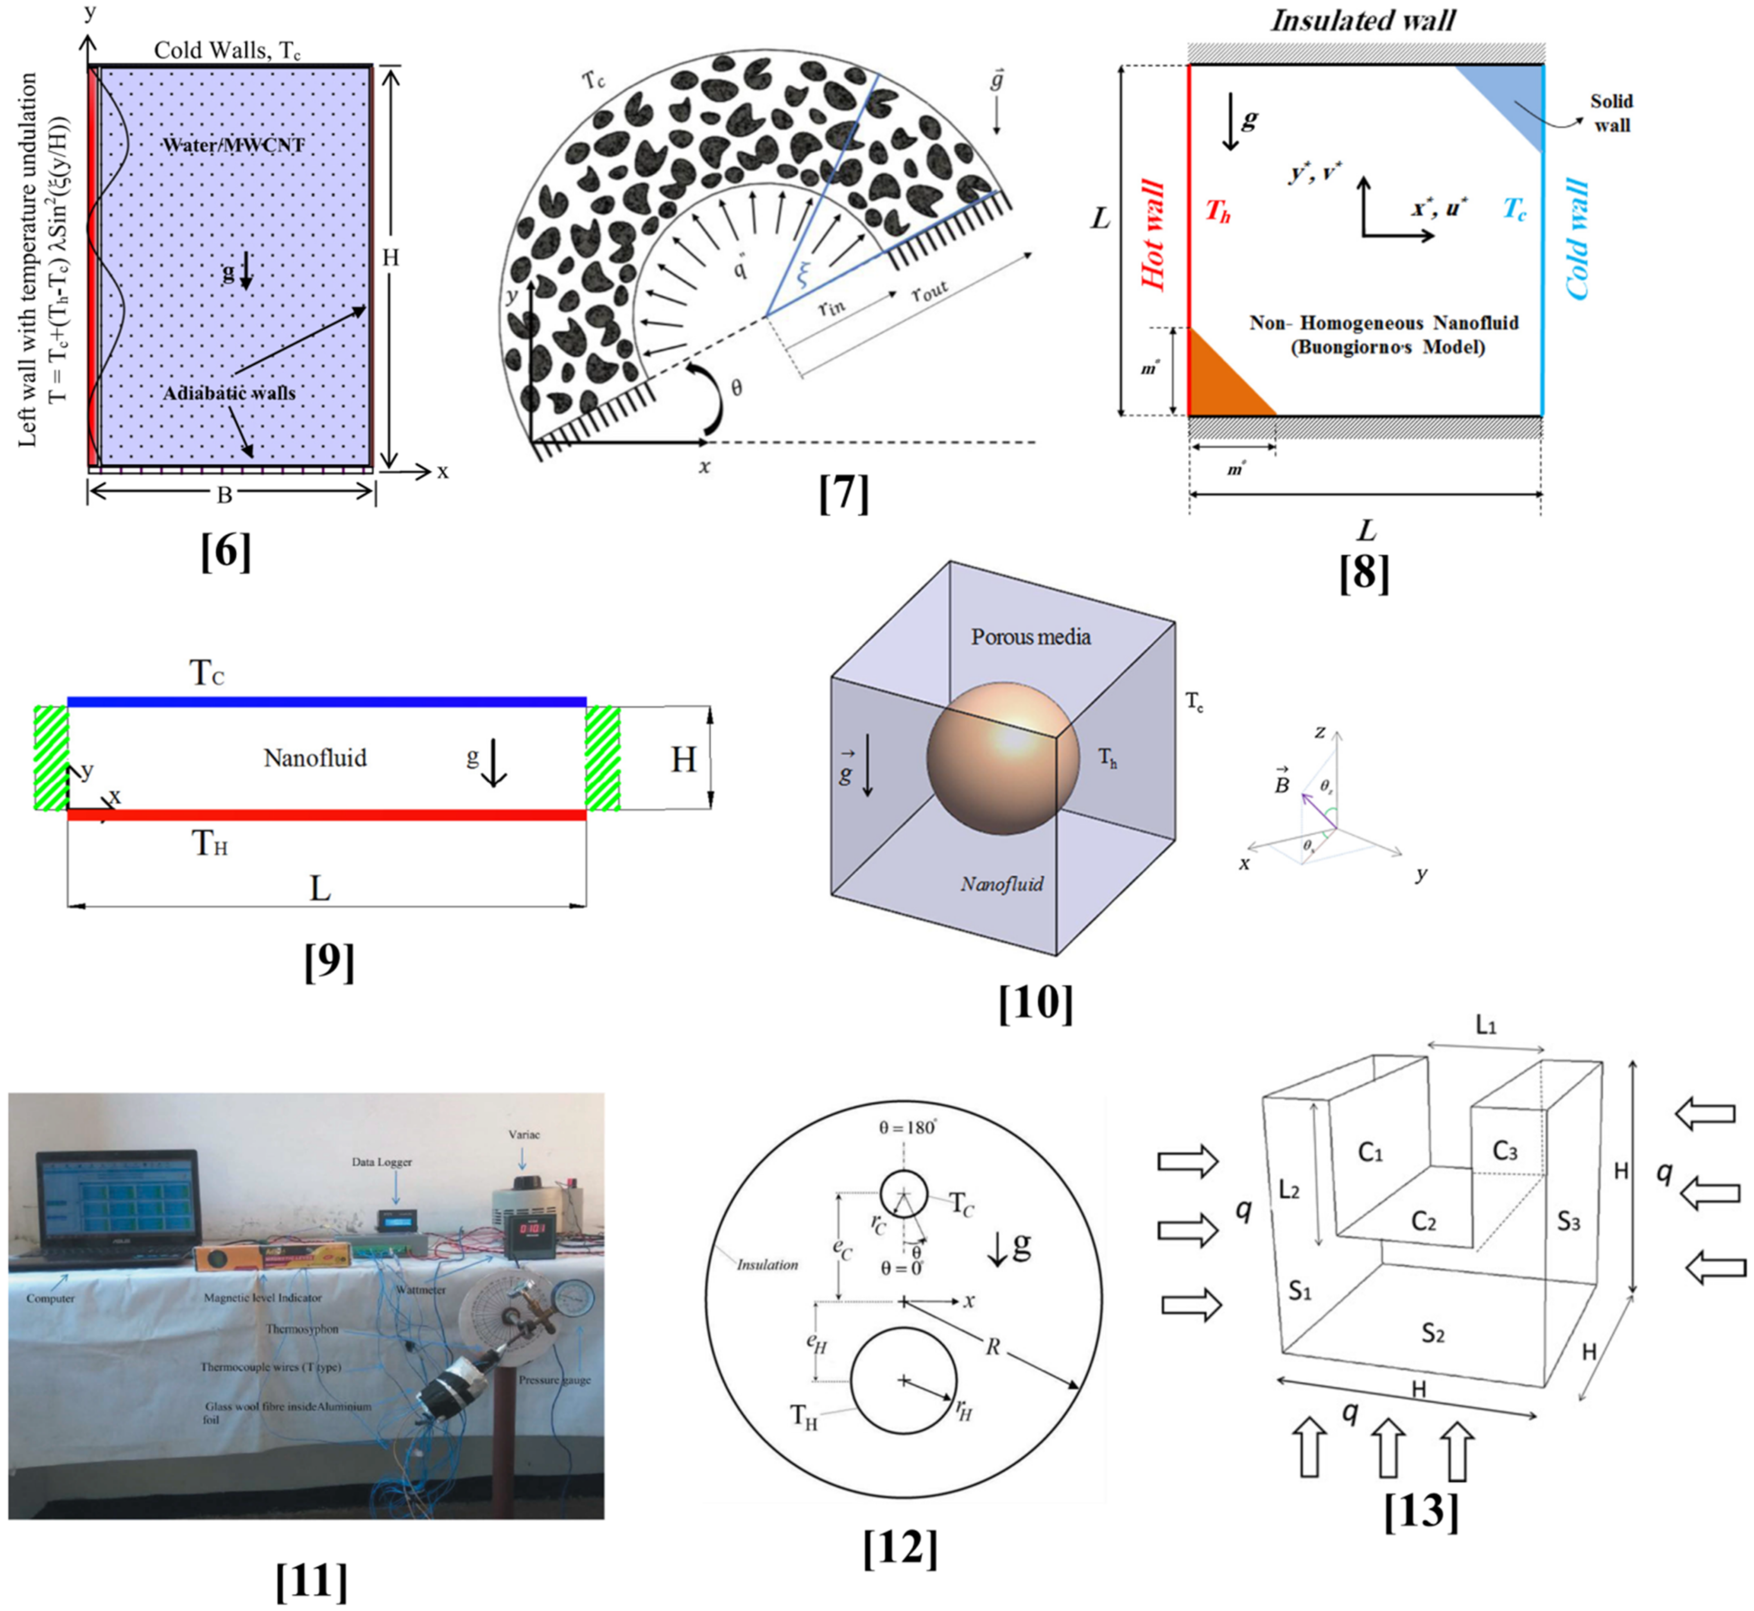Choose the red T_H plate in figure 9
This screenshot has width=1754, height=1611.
(327, 815)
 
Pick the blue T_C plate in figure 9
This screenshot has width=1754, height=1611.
(327, 702)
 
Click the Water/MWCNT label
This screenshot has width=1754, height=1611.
(234, 145)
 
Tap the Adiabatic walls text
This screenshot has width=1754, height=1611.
(229, 393)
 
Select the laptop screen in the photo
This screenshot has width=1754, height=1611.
(116, 1205)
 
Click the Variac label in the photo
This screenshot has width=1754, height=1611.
(524, 1134)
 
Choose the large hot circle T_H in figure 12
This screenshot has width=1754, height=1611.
(904, 1380)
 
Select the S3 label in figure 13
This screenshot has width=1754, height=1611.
(1568, 1222)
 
